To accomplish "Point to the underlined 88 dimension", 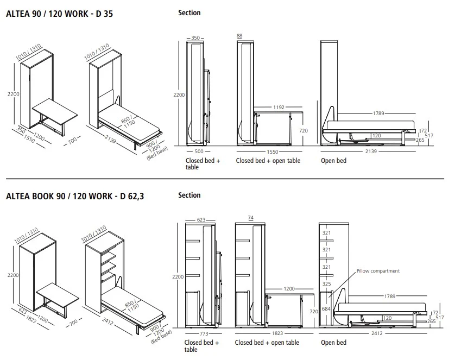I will point(239,36).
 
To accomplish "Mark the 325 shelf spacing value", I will point(326,283).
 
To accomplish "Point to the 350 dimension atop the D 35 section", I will point(195,38).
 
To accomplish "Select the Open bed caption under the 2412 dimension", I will point(333,343).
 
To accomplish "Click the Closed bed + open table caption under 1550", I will point(268,161).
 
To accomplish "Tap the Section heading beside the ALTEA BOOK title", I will point(189,195).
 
